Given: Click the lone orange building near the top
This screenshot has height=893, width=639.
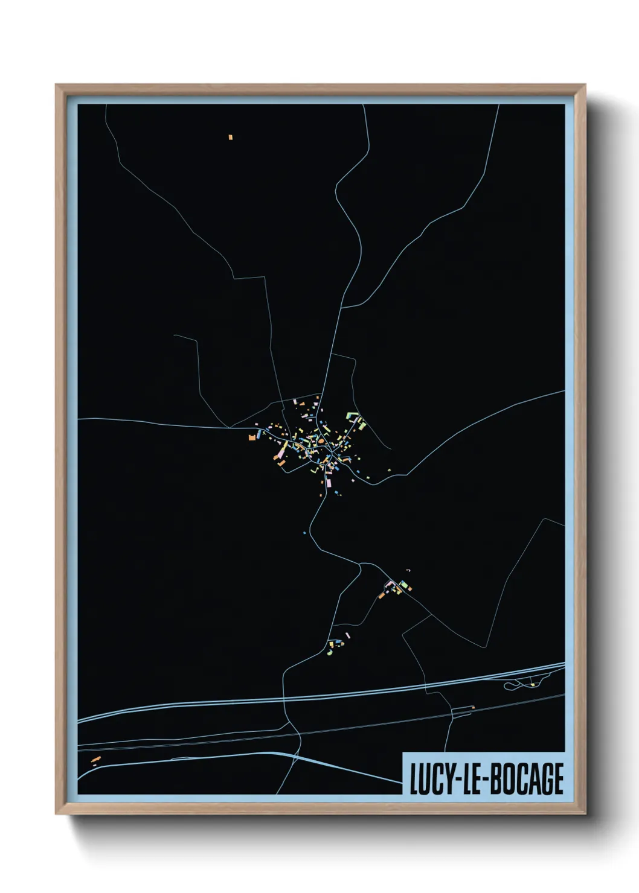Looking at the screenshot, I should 230,138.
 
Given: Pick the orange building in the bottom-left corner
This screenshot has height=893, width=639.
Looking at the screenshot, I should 95,759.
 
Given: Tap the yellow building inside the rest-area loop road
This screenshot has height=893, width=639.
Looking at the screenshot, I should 533,685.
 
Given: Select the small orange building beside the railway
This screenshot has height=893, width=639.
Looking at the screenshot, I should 473,707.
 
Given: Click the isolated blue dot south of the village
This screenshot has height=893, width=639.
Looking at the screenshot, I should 304,533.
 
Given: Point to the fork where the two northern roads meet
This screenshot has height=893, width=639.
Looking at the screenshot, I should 342,308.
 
